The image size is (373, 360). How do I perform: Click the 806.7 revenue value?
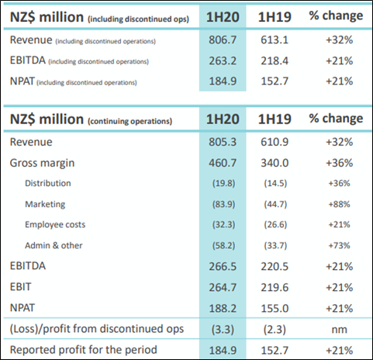pos(223,40)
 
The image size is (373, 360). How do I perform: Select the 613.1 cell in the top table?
pos(275,40)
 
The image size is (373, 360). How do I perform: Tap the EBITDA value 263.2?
pos(223,61)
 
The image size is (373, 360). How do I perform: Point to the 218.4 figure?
pos(275,61)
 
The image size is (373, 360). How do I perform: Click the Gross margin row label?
pos(42,164)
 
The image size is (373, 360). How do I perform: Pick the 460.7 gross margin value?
pos(223,163)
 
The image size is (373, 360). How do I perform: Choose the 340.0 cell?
pos(275,163)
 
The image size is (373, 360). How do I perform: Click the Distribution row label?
pos(48,183)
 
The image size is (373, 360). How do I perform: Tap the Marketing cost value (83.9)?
pos(224,204)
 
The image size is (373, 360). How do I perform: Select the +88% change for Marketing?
pos(339,204)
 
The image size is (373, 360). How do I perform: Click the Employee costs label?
pos(55,224)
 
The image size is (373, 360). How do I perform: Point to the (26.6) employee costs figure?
pos(275,224)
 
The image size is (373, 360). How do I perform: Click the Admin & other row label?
pos(54,245)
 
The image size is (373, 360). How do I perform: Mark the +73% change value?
pos(339,245)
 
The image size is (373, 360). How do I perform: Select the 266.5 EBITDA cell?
pos(223,266)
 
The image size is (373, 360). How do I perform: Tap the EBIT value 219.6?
pos(275,287)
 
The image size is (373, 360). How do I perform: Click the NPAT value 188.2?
pos(223,308)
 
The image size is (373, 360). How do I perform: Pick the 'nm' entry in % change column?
pos(339,330)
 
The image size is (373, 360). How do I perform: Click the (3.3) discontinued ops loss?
pos(223,330)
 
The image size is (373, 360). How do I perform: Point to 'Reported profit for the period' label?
pos(84,350)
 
